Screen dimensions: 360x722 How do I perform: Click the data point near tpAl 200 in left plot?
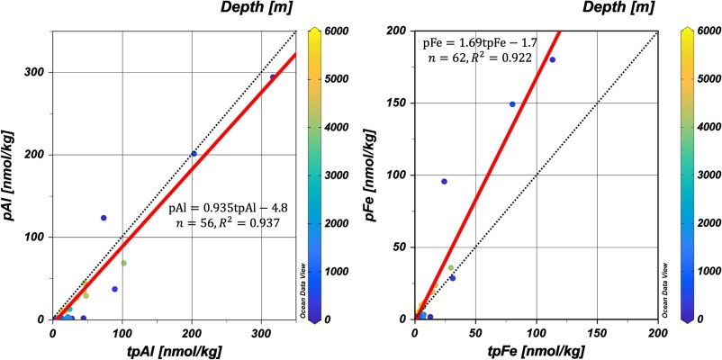click(x=194, y=154)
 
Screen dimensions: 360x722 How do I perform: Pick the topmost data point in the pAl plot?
click(x=274, y=77)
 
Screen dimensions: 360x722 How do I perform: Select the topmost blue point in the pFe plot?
click(x=553, y=60)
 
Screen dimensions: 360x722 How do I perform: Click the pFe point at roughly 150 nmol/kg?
click(x=512, y=104)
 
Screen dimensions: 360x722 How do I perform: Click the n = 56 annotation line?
click(x=223, y=223)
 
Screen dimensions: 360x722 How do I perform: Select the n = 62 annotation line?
click(x=478, y=58)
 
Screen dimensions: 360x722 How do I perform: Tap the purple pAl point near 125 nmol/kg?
click(x=104, y=218)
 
